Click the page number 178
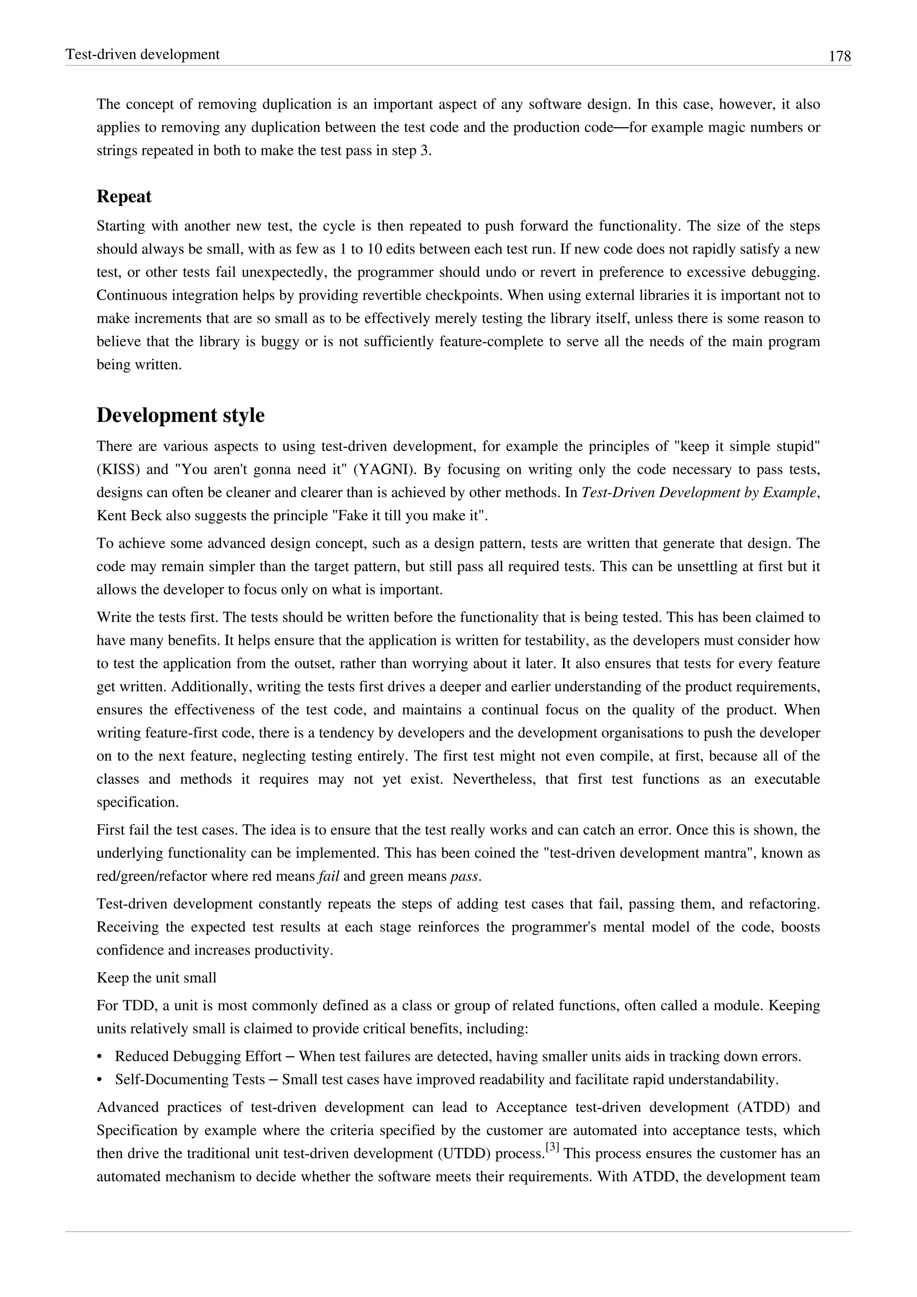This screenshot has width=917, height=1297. pyautogui.click(x=840, y=56)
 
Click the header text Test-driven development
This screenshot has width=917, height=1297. pyautogui.click(x=142, y=55)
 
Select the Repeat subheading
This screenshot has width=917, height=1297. pyautogui.click(x=124, y=197)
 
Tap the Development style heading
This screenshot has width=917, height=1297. pyautogui.click(x=180, y=415)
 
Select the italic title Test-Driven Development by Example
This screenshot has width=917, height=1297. pyautogui.click(x=698, y=493)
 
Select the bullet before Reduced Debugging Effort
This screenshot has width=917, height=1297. pyautogui.click(x=100, y=1056)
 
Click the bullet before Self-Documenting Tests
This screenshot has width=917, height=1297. pyautogui.click(x=100, y=1079)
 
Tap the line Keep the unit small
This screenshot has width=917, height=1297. pyautogui.click(x=156, y=978)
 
